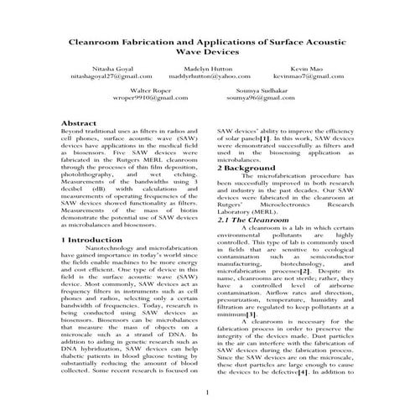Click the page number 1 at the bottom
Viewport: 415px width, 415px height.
206,392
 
